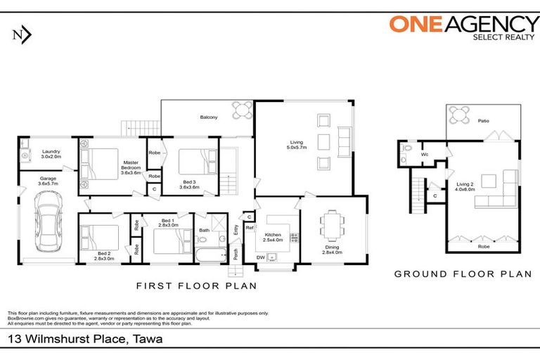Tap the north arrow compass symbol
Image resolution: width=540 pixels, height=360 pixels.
point(22,35)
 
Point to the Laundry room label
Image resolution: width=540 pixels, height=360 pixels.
point(51,155)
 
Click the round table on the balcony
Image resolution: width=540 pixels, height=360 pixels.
point(242,110)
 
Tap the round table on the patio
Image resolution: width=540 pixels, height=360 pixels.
point(461,115)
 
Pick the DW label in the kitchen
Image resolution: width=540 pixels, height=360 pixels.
point(261,257)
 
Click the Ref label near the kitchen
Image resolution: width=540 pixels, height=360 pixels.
point(249,227)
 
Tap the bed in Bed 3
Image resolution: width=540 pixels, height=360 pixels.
point(193,163)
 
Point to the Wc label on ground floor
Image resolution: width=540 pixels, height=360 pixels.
point(425,154)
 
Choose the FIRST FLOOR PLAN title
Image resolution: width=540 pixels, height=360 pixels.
point(195,286)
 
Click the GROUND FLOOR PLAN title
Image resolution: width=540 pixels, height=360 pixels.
point(463,274)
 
